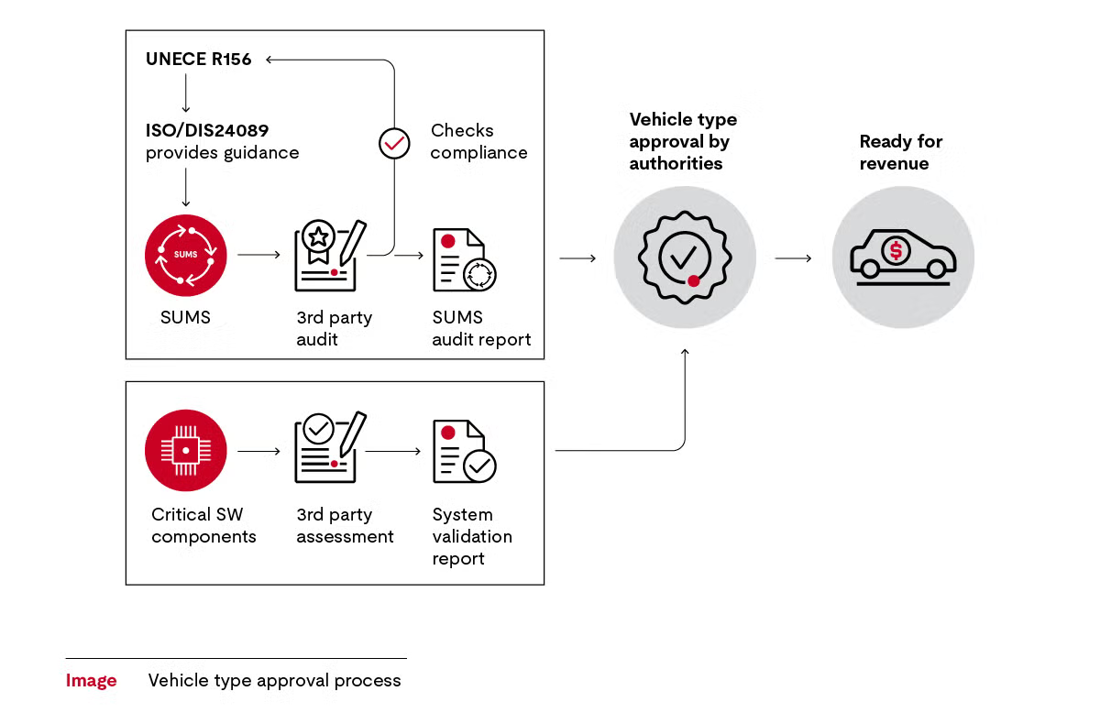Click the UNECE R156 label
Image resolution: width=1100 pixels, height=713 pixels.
(x=198, y=60)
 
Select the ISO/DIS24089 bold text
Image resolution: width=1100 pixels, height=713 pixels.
(x=206, y=131)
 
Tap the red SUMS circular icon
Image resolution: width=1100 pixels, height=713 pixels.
(x=185, y=255)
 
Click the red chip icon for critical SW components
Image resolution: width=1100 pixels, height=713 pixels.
(x=185, y=450)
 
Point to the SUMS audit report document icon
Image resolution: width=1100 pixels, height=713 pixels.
(x=464, y=260)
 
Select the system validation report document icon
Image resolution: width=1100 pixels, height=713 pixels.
(x=464, y=451)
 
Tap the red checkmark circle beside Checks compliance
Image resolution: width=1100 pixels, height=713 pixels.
(x=394, y=144)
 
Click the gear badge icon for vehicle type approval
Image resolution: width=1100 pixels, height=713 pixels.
(x=684, y=258)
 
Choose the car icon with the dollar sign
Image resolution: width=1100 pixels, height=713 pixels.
(x=903, y=257)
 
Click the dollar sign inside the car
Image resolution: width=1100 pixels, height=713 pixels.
(x=896, y=249)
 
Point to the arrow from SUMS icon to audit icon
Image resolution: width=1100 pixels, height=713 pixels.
(x=258, y=254)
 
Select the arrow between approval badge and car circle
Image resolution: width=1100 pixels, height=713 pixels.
(x=793, y=258)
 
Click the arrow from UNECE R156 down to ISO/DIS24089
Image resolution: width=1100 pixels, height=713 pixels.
(x=185, y=93)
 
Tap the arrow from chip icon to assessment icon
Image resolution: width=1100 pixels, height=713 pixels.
(x=258, y=451)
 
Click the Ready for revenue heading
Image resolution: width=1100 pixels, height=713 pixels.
(x=900, y=152)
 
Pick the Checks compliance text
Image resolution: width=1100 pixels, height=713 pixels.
(x=478, y=142)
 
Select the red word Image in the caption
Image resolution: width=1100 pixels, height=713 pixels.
(x=91, y=681)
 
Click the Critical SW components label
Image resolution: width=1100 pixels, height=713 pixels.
(x=203, y=525)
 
